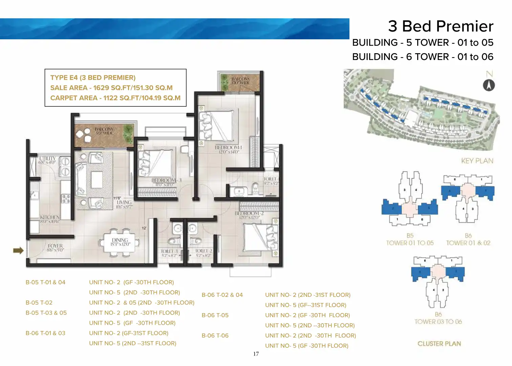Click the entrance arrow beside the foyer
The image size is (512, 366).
18,250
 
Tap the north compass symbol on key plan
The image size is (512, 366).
489,85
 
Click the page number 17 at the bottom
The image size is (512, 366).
256,354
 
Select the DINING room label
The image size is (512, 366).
120,242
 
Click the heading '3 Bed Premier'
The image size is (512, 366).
441,26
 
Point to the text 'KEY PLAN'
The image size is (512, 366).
477,161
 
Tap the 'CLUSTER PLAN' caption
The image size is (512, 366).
439,344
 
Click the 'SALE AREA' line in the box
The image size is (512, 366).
111,88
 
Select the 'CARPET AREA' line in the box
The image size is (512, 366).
115,98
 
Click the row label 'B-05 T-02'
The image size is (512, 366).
39,303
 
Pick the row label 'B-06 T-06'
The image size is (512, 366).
215,335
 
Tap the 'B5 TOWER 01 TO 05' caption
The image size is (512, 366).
410,240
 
